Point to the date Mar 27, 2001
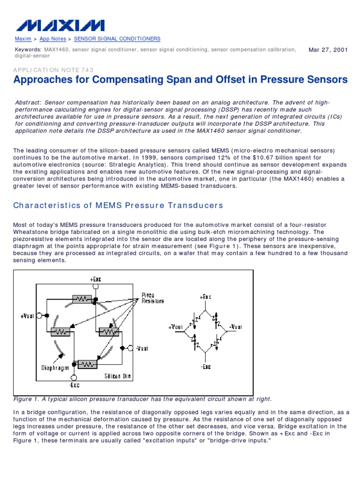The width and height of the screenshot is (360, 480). [x=328, y=50]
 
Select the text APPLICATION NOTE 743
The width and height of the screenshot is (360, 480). [x=53, y=70]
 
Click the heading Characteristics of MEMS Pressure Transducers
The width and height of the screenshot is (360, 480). [x=118, y=206]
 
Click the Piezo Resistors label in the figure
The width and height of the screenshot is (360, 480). [x=153, y=298]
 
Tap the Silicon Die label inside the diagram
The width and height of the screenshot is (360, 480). [x=118, y=376]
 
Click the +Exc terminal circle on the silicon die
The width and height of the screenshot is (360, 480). [x=95, y=285]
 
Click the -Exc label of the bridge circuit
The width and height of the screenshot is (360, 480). [x=205, y=367]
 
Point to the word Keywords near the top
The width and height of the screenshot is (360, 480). [x=28, y=50]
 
